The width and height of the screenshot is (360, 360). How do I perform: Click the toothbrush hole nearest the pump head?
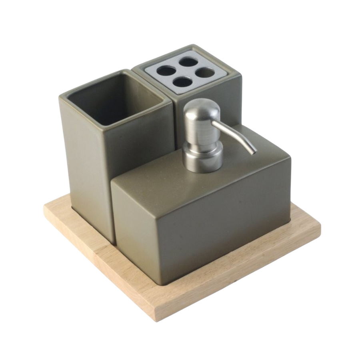(183, 82)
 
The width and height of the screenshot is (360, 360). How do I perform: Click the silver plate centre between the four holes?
(185, 72)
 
